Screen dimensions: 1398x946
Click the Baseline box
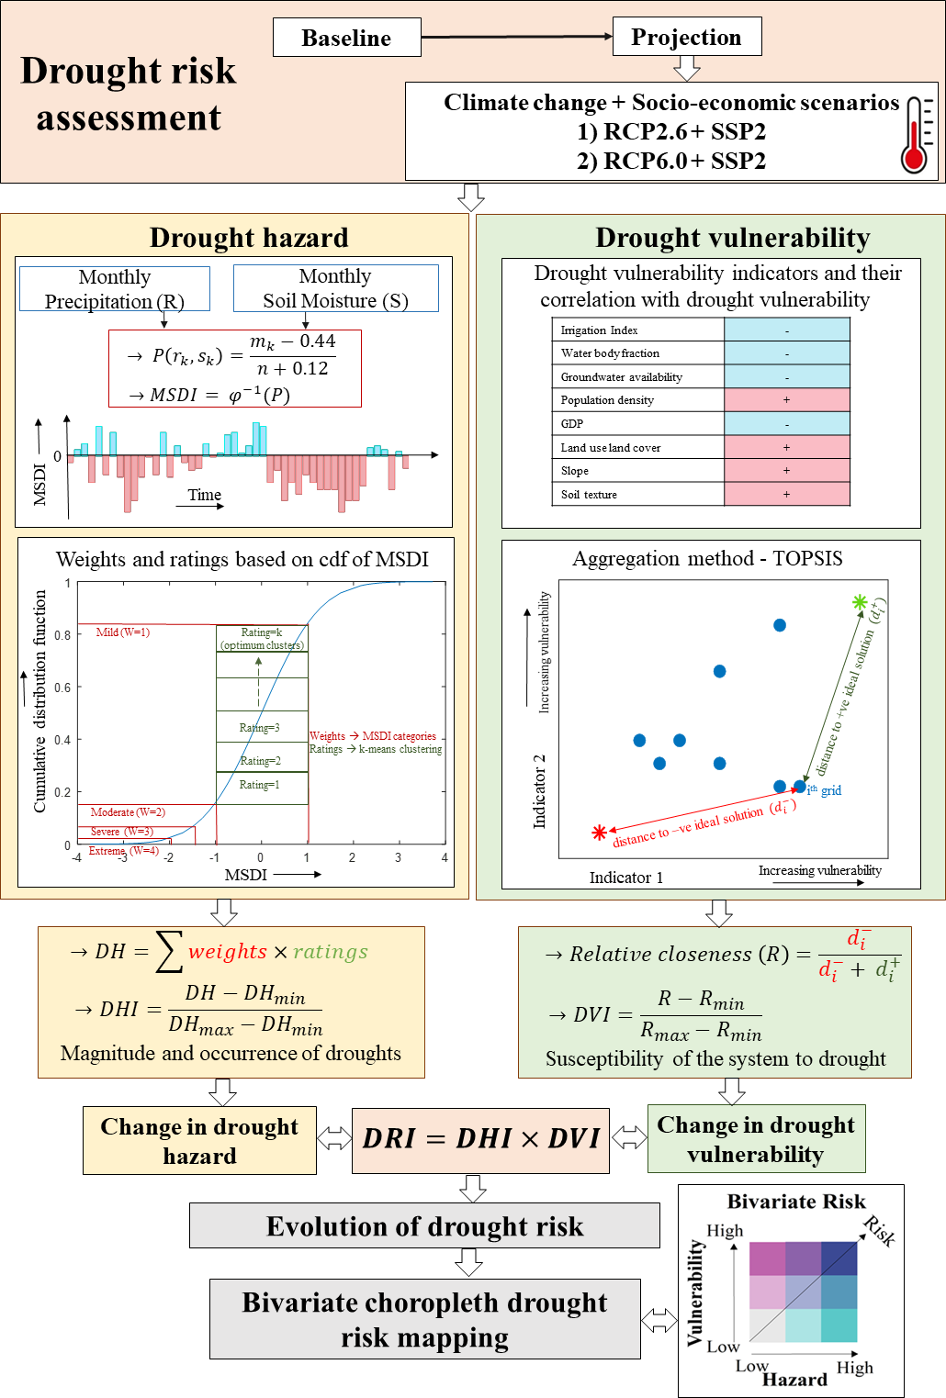[x=346, y=38]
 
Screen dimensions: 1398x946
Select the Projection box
[x=686, y=37]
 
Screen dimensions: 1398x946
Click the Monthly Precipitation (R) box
[x=115, y=289]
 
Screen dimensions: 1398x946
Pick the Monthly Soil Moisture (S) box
[x=335, y=288]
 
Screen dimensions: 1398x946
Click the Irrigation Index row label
[x=600, y=330]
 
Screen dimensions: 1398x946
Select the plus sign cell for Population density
[x=786, y=400]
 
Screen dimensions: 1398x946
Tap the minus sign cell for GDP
[x=786, y=424]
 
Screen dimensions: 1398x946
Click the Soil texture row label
[x=589, y=495]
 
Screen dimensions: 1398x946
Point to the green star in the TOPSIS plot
[x=859, y=602]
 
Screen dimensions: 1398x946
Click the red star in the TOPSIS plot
[x=600, y=833]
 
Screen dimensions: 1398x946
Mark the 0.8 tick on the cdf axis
[x=62, y=635]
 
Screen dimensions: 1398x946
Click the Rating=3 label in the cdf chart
[x=259, y=728]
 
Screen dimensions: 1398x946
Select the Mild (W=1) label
[x=123, y=632]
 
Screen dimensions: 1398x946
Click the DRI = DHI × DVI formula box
[x=480, y=1139]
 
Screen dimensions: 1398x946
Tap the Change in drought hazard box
[x=199, y=1141]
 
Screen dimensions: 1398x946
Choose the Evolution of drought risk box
[x=424, y=1226]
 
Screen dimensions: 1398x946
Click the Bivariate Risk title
[x=796, y=1202]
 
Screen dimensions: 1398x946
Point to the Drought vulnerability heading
[x=732, y=238]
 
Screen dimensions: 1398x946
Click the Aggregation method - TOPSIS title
[x=707, y=558]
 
